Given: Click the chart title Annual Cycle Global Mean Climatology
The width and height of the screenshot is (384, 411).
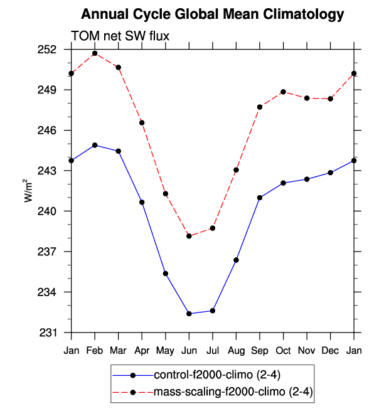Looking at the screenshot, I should click(x=213, y=14).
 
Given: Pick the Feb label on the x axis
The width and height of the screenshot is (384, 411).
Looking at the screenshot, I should click(x=95, y=349).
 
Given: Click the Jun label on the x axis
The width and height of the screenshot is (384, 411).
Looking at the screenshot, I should click(x=189, y=349).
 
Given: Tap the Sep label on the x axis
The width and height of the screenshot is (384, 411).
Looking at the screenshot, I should click(x=260, y=349).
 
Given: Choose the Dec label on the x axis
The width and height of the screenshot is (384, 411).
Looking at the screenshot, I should click(x=331, y=349).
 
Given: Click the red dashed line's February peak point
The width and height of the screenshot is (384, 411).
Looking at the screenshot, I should click(x=95, y=53).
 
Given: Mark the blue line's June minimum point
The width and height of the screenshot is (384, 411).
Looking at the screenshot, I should click(x=189, y=314).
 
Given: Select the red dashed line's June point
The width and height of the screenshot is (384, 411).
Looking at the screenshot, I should click(x=189, y=236).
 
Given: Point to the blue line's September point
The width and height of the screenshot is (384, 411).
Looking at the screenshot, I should click(x=260, y=198).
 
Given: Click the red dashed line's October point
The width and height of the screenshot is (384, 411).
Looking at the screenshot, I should click(x=284, y=92).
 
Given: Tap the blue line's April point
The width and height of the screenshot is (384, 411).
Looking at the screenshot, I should click(x=142, y=202).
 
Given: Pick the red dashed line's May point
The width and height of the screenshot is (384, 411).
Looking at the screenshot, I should click(x=166, y=193).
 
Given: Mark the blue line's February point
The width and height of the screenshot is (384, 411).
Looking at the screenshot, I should click(x=95, y=145).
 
